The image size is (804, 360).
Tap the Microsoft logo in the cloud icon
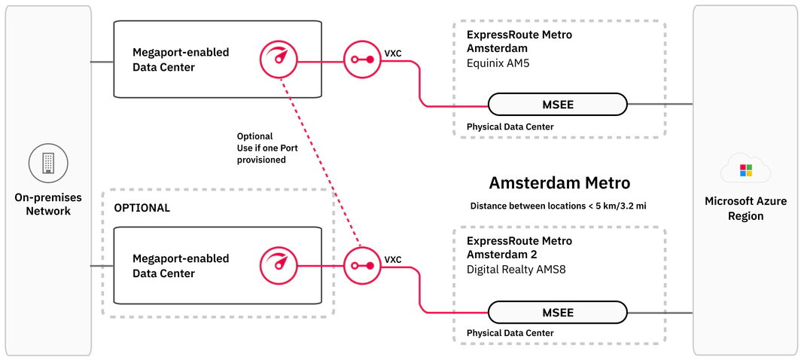coord(745,170)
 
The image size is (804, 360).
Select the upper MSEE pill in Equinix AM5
coord(557,105)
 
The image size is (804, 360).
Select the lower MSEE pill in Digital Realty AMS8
coord(557,312)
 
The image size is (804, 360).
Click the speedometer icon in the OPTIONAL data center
coord(279,265)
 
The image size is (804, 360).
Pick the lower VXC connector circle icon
coord(364,265)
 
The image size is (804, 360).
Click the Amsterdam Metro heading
coord(559,183)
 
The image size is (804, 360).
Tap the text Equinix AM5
coord(498,63)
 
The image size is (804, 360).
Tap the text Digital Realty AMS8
coord(515,269)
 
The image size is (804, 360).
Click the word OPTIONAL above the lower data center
coord(142,208)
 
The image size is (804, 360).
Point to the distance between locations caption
coord(559,206)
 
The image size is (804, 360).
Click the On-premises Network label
coord(48,204)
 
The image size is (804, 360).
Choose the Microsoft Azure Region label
coord(745,209)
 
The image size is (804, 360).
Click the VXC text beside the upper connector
coord(393,54)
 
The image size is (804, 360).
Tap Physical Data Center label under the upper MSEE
coord(510,127)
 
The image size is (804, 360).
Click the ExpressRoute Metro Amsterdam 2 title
coord(519,248)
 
